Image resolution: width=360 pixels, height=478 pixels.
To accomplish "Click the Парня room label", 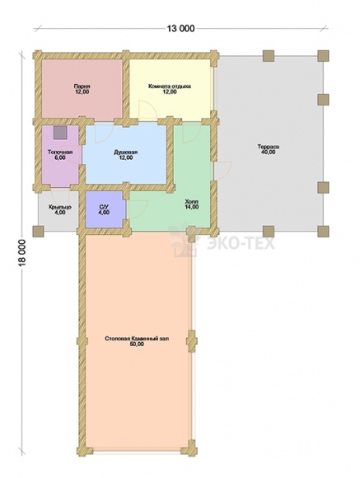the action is click(x=82, y=87).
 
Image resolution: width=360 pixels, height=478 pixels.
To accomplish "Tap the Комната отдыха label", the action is click(x=170, y=87).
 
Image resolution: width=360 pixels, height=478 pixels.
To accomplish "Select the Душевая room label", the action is click(x=125, y=152).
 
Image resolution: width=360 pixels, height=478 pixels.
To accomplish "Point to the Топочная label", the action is click(x=60, y=152).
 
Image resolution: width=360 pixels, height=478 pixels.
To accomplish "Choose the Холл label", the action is click(x=192, y=202).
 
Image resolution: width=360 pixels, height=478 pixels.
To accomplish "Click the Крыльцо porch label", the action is click(x=60, y=208).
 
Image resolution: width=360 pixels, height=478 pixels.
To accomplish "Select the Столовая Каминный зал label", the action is click(x=137, y=339).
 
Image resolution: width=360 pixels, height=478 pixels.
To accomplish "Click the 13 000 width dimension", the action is click(x=180, y=28).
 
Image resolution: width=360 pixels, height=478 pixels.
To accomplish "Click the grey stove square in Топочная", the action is click(x=59, y=133).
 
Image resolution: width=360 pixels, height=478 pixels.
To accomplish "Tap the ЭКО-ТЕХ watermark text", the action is click(x=241, y=244).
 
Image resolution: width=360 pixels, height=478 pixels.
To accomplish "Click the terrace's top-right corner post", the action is click(x=323, y=56).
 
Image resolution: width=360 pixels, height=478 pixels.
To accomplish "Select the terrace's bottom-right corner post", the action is click(x=323, y=232).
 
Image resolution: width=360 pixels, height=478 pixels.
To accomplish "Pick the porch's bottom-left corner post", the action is click(x=38, y=232).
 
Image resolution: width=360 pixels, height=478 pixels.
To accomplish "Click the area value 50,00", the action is click(x=137, y=344).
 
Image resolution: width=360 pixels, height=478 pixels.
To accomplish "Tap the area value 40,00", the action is click(x=269, y=152).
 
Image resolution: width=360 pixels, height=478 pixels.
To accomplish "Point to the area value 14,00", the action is click(x=192, y=207).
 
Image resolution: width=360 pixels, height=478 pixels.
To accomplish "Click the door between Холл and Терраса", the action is click(x=222, y=171).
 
